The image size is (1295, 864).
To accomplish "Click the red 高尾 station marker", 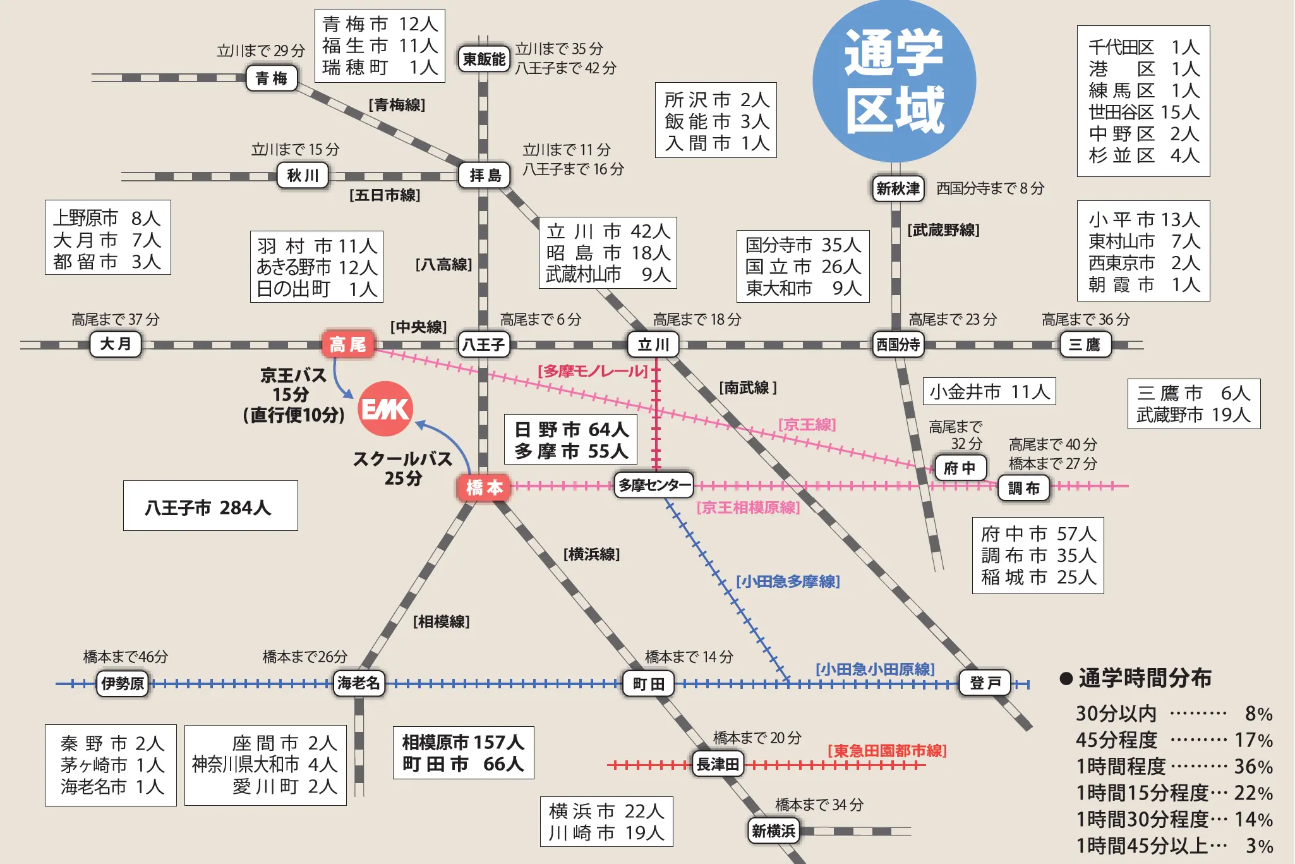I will (348, 344).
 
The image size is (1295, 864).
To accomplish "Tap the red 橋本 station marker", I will (484, 487).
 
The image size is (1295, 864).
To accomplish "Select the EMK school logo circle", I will (385, 409).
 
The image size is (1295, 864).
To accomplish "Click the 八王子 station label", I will (484, 344).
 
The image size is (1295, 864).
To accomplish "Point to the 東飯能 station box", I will (484, 59).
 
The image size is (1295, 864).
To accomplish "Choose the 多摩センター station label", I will (654, 485).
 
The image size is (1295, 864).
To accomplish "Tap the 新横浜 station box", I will (773, 831).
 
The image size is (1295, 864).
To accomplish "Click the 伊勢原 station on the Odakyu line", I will (123, 683).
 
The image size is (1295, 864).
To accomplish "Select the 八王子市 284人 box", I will (210, 506).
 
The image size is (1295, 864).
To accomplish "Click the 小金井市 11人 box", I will (989, 392).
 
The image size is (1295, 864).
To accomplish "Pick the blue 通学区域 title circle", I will (894, 82).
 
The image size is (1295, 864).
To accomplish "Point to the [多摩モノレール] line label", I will (592, 371).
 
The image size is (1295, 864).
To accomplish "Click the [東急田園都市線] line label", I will (887, 751).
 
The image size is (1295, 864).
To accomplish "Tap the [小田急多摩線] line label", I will (788, 581).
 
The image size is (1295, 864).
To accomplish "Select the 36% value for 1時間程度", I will (1253, 767).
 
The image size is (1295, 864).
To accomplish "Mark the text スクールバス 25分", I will (403, 468).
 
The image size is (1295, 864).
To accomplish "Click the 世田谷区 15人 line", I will (1143, 112).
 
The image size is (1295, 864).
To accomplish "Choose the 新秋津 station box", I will (898, 188).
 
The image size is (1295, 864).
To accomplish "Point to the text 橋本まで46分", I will (126, 657).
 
